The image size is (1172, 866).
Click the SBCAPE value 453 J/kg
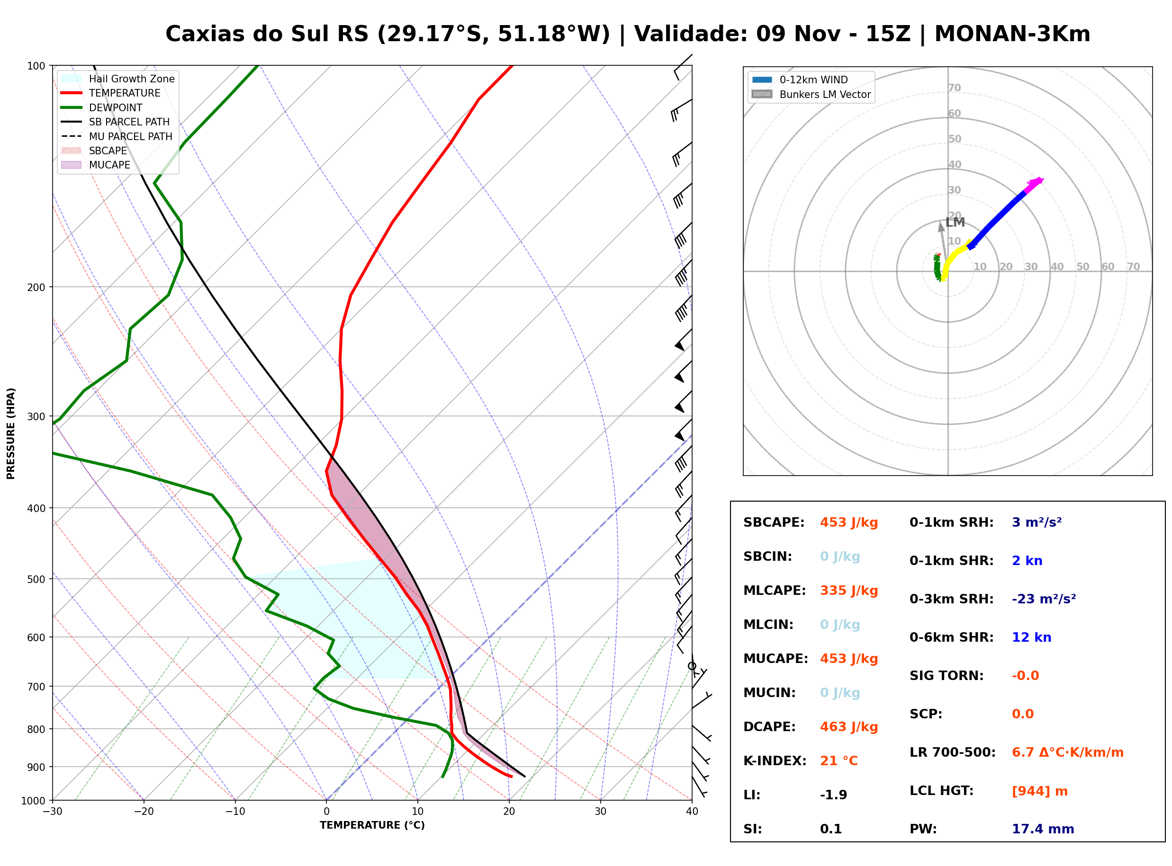click(849, 522)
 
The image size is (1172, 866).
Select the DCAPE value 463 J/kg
click(849, 727)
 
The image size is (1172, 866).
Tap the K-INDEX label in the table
click(775, 761)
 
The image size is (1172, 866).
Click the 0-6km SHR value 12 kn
click(1031, 637)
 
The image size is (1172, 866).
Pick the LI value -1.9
click(834, 795)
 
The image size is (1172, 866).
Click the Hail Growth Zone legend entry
click(118, 79)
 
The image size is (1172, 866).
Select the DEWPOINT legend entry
click(102, 107)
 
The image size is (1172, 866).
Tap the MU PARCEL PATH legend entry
click(117, 136)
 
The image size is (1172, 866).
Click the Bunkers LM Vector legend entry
click(811, 94)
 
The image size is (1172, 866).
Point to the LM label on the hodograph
click(955, 222)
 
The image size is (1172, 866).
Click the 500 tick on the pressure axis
click(36, 579)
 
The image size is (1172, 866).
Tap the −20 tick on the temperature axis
click(143, 812)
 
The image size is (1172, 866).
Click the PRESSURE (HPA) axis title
click(11, 433)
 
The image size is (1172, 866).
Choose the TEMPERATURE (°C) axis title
click(372, 825)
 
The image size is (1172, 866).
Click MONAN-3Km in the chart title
click(1012, 34)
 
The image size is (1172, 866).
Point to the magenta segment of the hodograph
click(1033, 186)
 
